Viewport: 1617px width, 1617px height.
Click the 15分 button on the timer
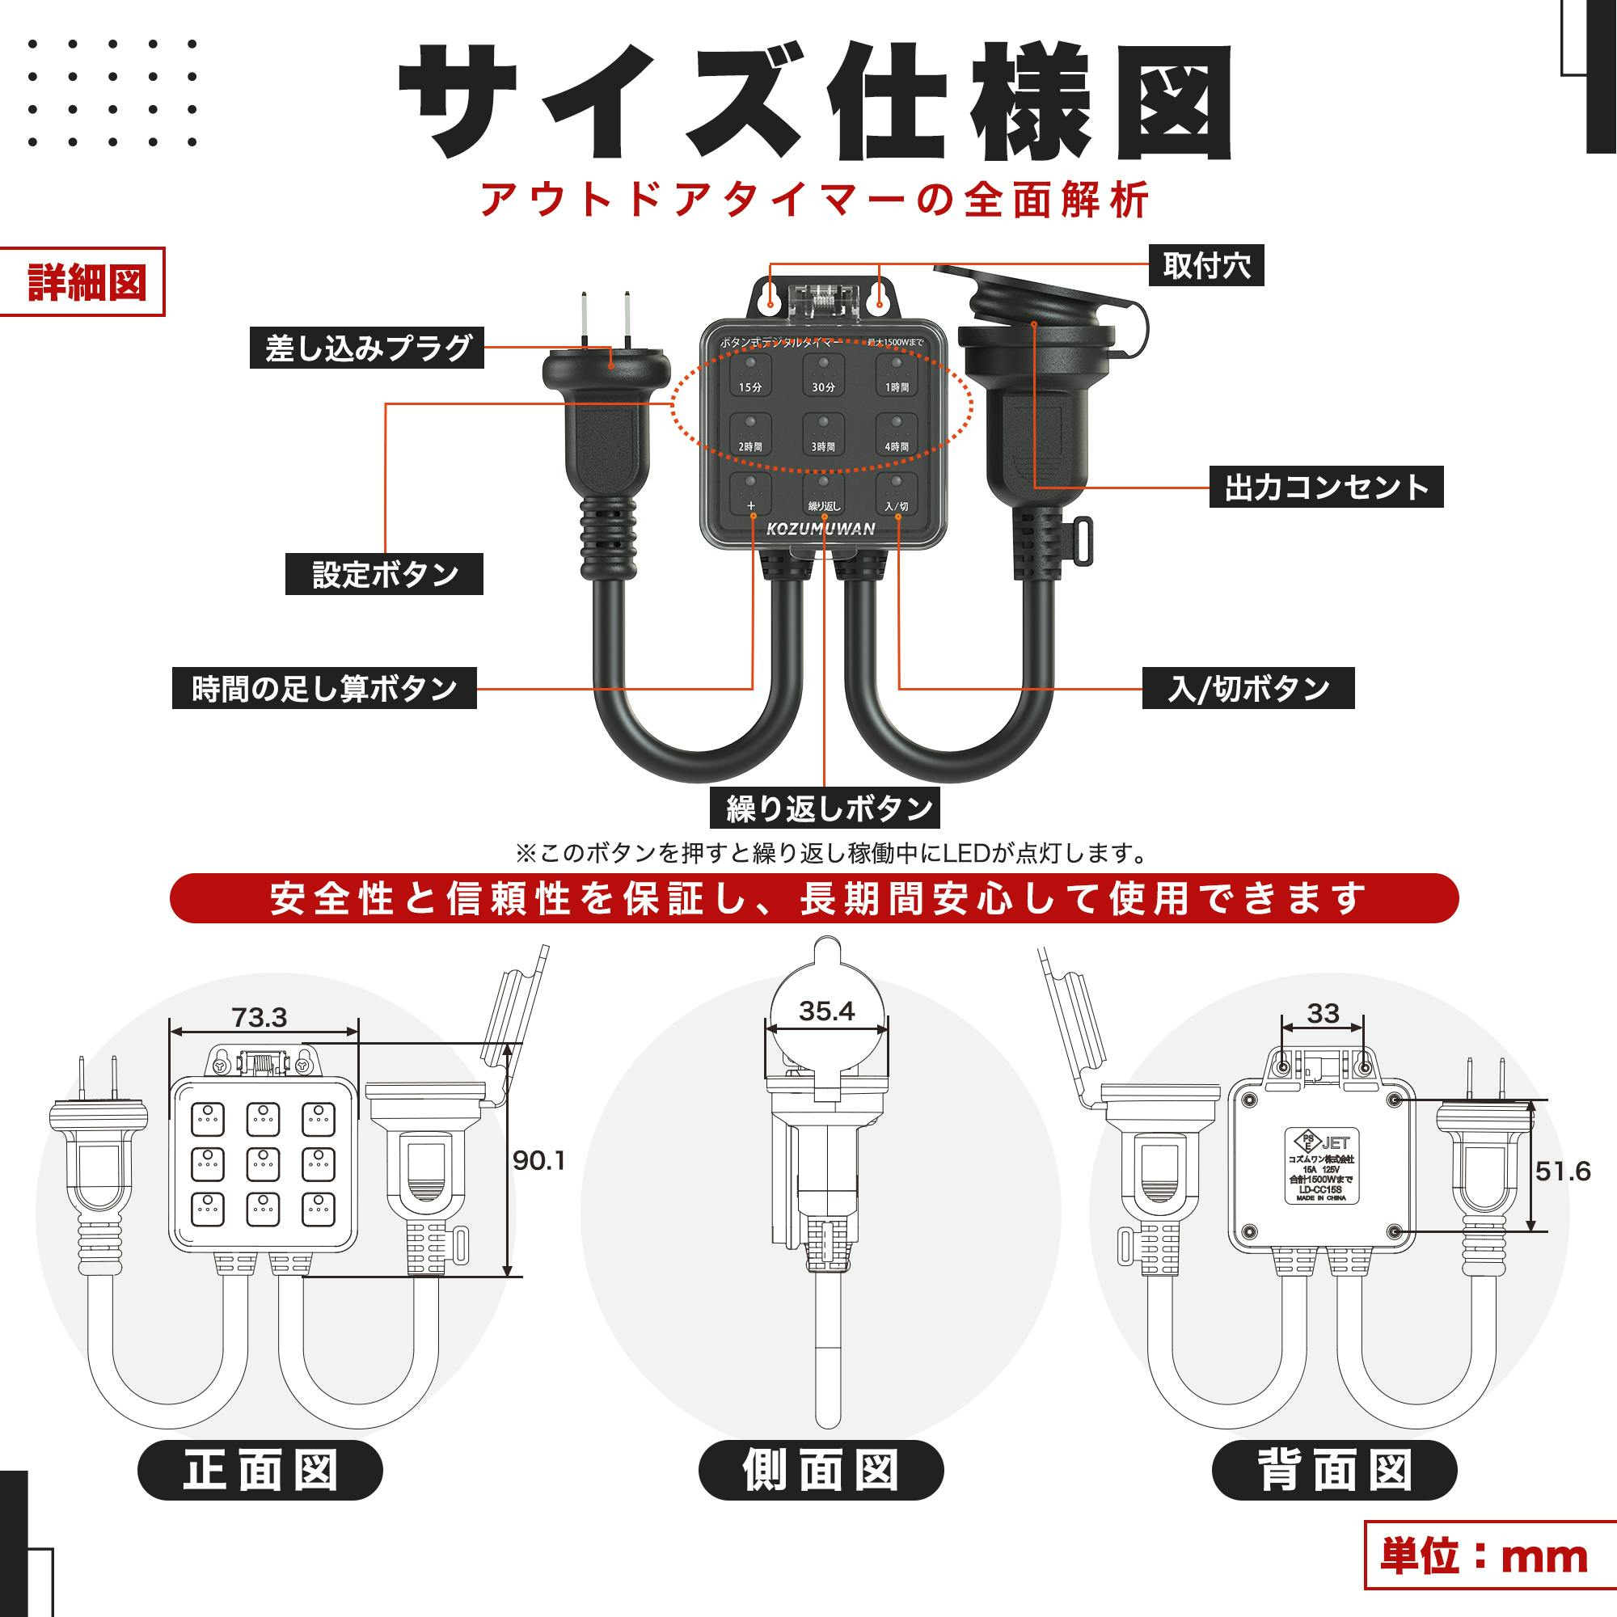751,374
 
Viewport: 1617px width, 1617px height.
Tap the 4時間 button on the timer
897,433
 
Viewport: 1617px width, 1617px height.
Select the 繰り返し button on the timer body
824,493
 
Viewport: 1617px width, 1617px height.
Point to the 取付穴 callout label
1205,266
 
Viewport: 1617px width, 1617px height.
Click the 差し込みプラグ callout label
366,348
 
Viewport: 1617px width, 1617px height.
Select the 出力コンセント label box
1326,487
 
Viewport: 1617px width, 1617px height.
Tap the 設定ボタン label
384,574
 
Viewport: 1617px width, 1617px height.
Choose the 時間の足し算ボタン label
324,688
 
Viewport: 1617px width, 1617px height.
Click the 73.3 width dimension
259,1018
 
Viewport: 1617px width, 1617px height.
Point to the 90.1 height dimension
539,1161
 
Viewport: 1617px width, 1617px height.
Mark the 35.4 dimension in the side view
826,1011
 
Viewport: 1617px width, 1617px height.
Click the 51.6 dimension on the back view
1563,1171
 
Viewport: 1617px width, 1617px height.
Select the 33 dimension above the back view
1323,1014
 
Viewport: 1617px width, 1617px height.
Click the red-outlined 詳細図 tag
82,282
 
